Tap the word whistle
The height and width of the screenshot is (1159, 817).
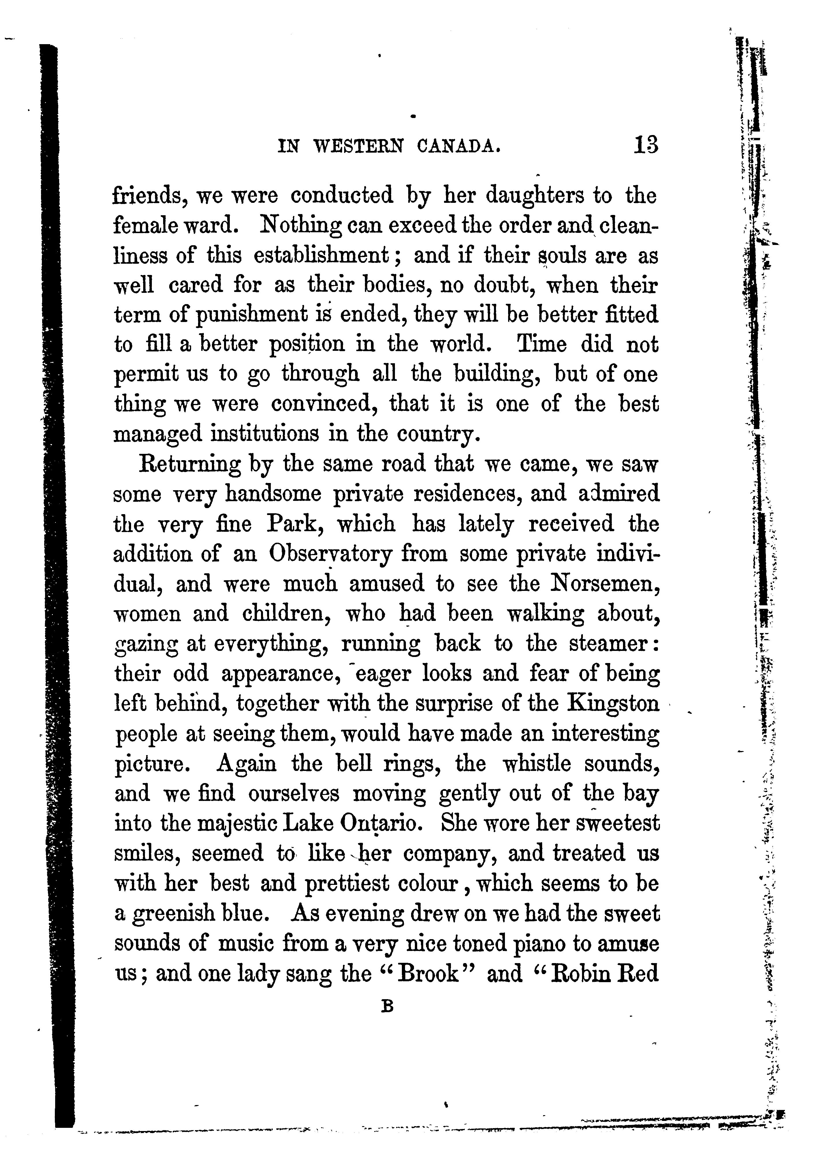(x=537, y=763)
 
